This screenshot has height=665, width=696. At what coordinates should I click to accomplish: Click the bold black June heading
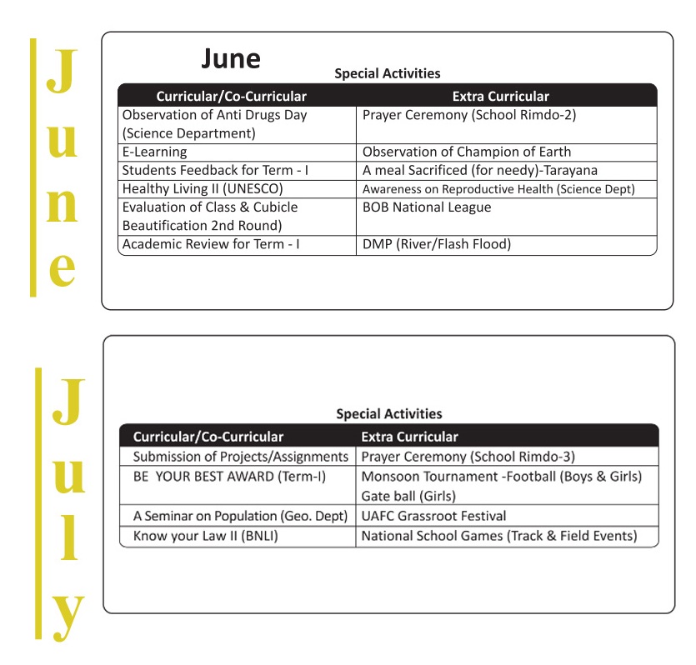coord(231,59)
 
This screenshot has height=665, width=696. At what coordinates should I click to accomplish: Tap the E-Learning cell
coord(154,152)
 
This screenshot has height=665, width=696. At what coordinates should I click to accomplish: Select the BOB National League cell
coord(427,207)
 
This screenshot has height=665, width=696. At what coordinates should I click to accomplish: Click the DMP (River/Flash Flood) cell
coord(437,244)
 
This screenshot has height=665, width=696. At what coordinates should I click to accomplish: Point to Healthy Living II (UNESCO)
coord(203,189)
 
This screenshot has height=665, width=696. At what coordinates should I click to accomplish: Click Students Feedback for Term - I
coord(215,171)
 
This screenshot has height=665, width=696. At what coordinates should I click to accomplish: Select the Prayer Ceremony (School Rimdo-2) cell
coord(469,116)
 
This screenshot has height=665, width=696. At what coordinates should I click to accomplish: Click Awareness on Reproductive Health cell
coord(498,189)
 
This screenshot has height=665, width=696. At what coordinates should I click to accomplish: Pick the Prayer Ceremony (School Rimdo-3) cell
coord(468,457)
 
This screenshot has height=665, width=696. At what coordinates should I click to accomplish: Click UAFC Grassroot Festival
coord(433,517)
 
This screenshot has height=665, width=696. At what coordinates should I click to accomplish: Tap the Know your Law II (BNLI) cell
coord(205,536)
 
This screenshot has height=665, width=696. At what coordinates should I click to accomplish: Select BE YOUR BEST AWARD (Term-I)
coord(229,477)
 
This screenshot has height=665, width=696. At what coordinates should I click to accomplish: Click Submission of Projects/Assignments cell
coord(240,457)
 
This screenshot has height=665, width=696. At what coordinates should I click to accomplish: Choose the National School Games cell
coord(498,536)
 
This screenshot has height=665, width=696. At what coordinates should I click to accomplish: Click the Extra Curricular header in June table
coord(500,97)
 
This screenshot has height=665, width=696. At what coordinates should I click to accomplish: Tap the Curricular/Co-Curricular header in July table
coord(208,437)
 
